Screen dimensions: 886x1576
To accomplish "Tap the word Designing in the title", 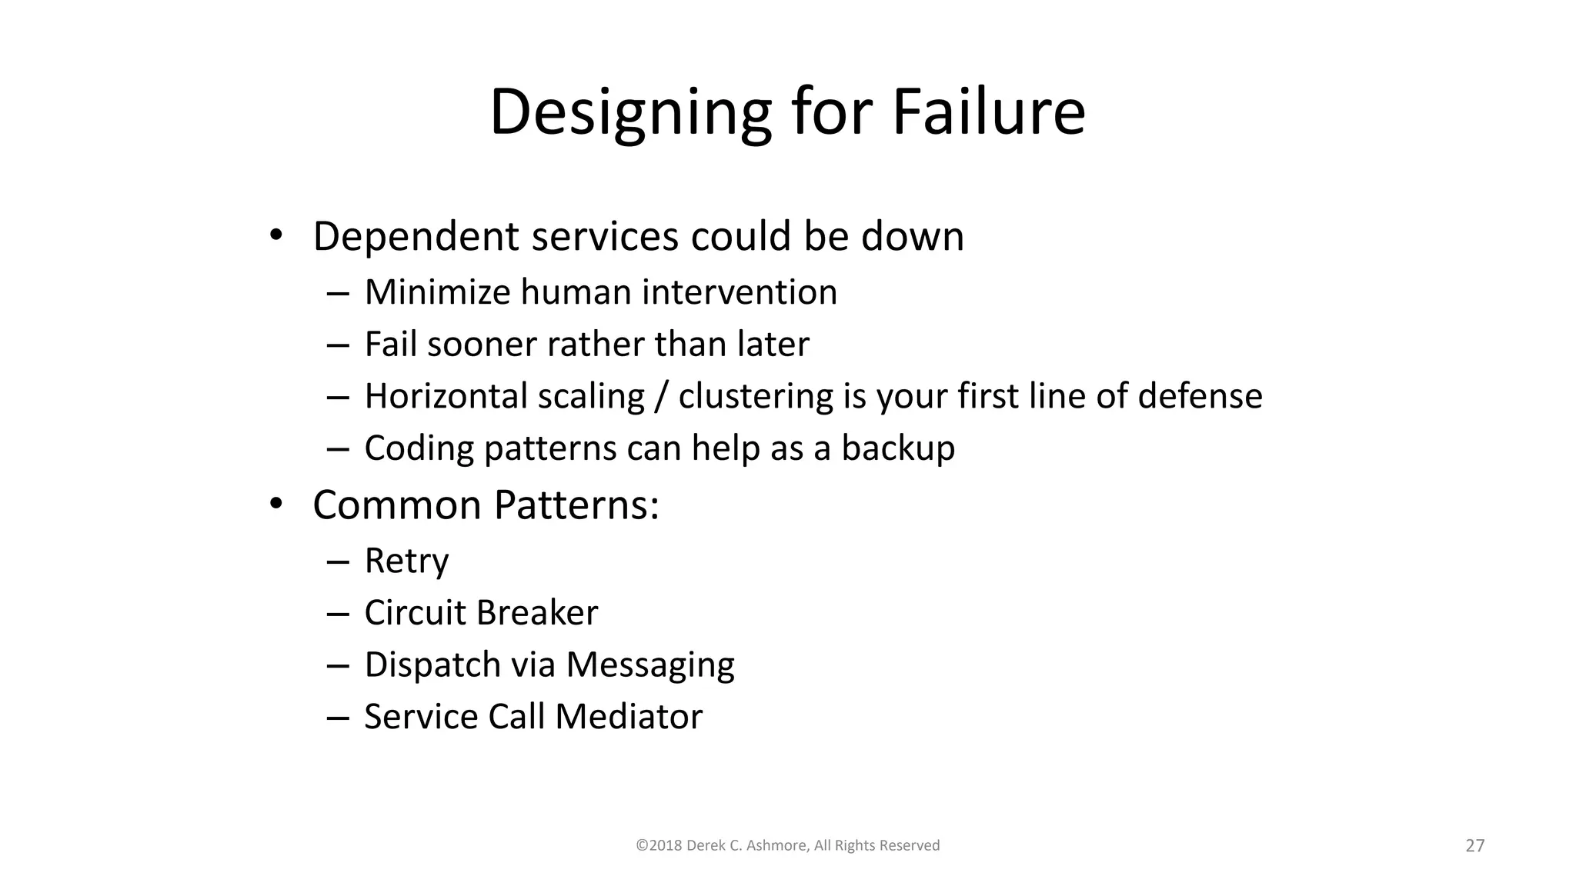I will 629,112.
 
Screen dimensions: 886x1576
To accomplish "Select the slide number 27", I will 1474,846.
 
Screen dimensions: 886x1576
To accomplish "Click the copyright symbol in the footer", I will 641,846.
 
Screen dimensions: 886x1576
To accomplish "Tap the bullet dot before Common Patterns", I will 275,505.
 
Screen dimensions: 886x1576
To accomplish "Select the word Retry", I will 406,561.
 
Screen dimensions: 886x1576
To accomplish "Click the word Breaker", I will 536,613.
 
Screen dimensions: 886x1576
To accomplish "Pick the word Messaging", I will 650,665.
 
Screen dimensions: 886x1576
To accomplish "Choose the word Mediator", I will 629,717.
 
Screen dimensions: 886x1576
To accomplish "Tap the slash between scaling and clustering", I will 661,397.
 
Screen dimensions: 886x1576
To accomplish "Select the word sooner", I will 481,345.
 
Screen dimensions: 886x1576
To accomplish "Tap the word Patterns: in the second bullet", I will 576,505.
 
